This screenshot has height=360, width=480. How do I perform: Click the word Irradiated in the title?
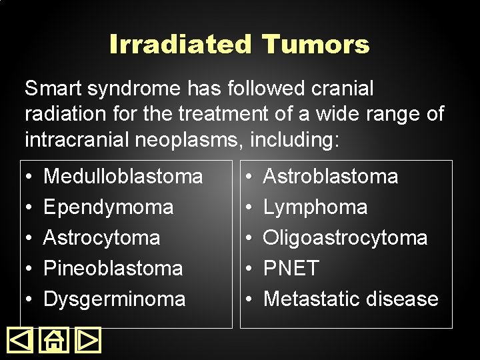click(181, 45)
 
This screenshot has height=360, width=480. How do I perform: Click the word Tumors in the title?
click(315, 45)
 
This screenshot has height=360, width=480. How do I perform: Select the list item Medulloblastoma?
click(123, 177)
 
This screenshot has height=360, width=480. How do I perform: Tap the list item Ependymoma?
click(108, 207)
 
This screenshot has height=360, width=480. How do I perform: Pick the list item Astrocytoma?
click(101, 238)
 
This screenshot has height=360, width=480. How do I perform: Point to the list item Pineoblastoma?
click(113, 269)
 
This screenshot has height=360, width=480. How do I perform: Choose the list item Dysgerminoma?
click(114, 299)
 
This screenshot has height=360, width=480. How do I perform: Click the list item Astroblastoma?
click(331, 177)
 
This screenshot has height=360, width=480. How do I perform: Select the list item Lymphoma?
click(315, 207)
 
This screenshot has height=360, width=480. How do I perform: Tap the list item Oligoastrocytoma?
click(345, 238)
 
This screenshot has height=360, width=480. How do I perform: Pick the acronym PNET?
click(291, 269)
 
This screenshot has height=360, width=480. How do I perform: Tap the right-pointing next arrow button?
click(88, 341)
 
